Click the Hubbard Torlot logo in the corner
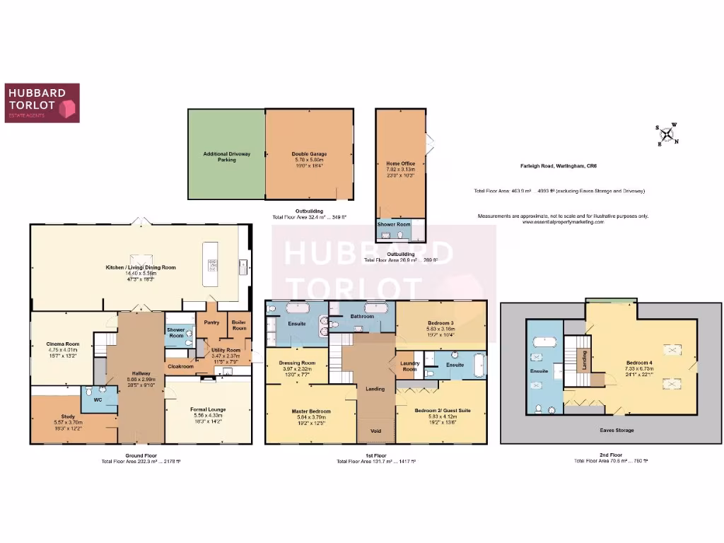tap(42, 103)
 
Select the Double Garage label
tap(309, 153)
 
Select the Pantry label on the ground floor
tap(211, 322)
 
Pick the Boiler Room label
tap(239, 325)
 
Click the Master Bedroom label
tap(311, 411)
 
